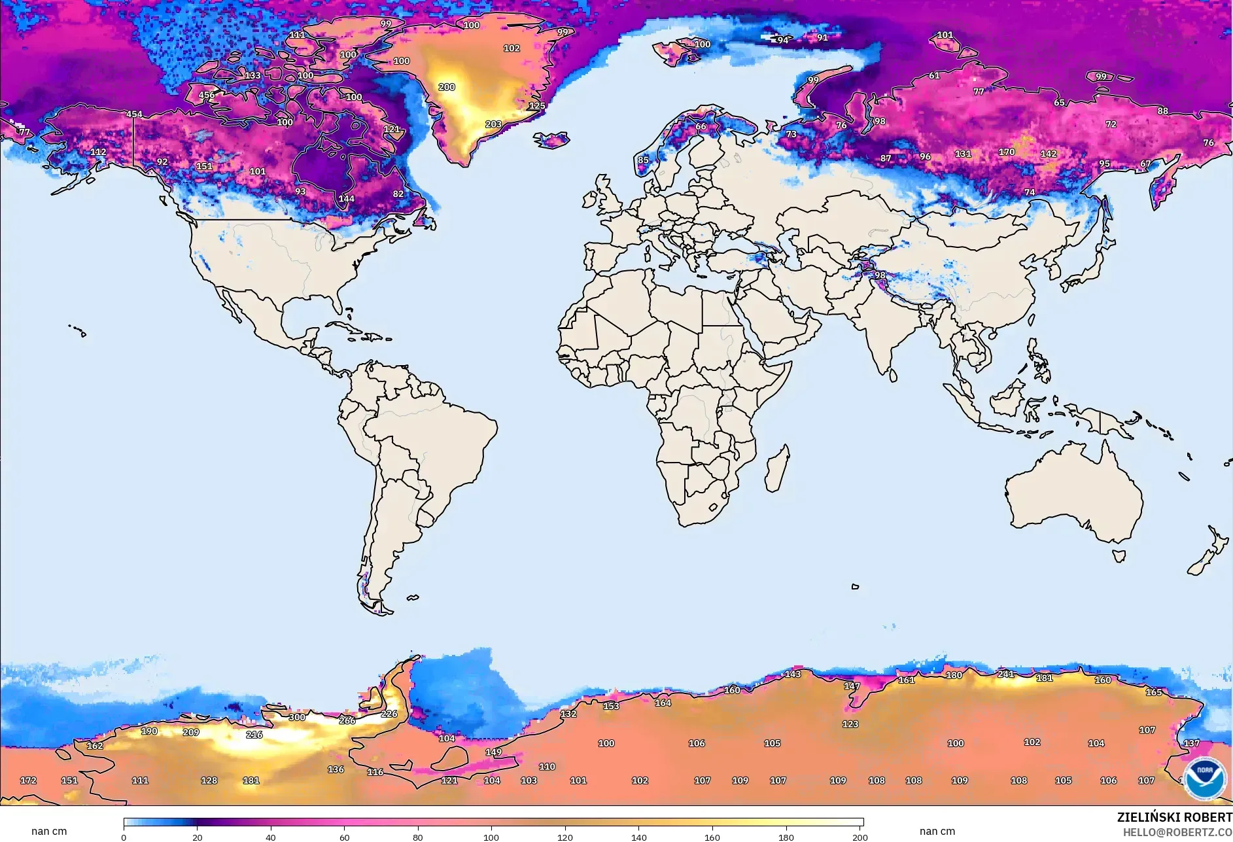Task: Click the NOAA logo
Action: point(1205,777)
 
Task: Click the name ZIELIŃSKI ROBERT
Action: point(1174,817)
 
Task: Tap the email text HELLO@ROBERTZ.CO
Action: point(1177,832)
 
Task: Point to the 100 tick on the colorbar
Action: point(491,837)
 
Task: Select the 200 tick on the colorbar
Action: point(860,837)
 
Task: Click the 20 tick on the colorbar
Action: point(197,837)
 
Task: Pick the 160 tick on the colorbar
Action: point(712,837)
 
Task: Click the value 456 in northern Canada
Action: point(207,95)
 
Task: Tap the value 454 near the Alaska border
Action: point(134,114)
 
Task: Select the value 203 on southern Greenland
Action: point(493,124)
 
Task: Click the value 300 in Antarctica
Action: point(297,717)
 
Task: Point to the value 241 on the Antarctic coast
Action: point(1005,674)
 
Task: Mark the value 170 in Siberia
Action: point(1007,152)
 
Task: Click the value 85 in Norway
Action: point(643,160)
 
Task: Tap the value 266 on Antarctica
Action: point(347,720)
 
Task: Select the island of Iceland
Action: point(551,139)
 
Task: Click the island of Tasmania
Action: point(1119,556)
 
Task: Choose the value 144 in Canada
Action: point(346,198)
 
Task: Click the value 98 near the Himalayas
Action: point(880,275)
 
